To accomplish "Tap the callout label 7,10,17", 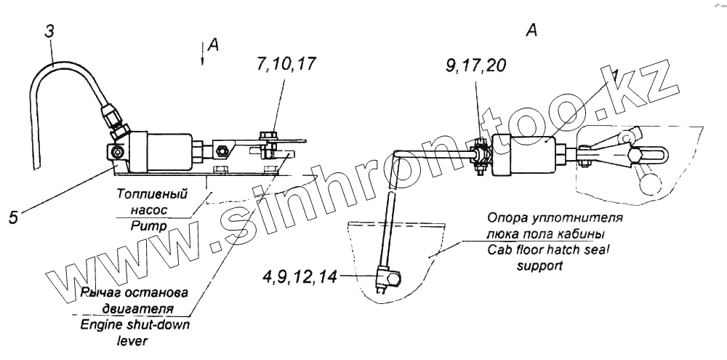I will coord(286,64).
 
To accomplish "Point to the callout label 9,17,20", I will coord(476,66).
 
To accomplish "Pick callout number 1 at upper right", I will coord(614,76).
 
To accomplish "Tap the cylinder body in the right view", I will coord(524,155).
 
